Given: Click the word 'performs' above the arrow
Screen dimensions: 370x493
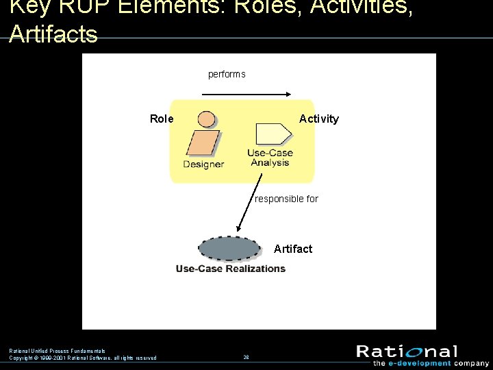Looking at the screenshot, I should (227, 74).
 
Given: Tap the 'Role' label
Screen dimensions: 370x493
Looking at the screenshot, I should (162, 119).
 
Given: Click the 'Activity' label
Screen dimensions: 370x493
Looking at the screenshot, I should (319, 119).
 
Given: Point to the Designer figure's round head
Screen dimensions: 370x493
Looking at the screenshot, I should (206, 119).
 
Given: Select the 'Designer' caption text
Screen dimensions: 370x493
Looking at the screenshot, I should (203, 164).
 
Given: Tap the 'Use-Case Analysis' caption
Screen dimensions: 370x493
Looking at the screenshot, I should (270, 158).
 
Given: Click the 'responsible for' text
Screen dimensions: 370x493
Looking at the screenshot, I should (286, 199).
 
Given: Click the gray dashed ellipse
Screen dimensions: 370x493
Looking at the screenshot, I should (230, 248).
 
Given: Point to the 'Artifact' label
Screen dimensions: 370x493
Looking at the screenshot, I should (293, 249).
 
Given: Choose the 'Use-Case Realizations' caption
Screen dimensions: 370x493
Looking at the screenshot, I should (231, 269).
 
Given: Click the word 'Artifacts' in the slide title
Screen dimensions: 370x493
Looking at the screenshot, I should (53, 34).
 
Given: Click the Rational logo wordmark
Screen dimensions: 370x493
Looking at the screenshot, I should (407, 352).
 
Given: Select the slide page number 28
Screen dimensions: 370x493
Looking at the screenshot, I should (246, 357).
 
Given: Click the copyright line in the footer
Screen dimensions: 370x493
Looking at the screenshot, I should (83, 358).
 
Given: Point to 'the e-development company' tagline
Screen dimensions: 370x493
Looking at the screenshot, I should (431, 363).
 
